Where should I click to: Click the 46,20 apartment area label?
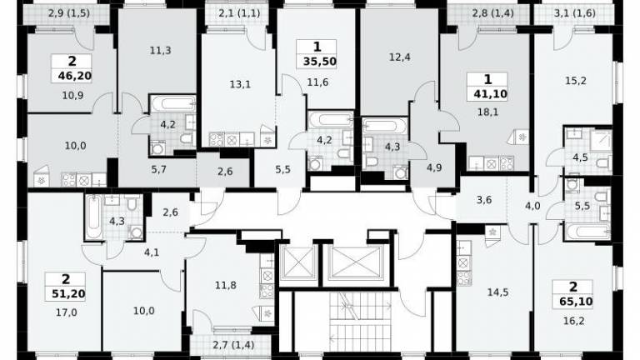click(x=75, y=76)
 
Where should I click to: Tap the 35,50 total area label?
click(x=320, y=62)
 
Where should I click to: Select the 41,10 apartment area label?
click(x=490, y=95)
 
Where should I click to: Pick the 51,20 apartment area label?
click(x=68, y=294)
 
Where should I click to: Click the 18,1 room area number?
click(x=487, y=112)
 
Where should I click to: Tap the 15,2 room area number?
click(x=576, y=81)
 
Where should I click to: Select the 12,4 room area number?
click(x=400, y=57)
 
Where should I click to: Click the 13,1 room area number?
click(x=240, y=84)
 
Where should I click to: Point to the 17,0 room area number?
click(x=67, y=312)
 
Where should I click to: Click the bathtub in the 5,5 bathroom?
click(x=588, y=232)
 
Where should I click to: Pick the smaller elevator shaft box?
click(x=298, y=262)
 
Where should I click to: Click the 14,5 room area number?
click(x=498, y=292)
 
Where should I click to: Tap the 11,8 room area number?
click(x=226, y=285)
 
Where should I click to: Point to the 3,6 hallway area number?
click(x=483, y=200)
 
